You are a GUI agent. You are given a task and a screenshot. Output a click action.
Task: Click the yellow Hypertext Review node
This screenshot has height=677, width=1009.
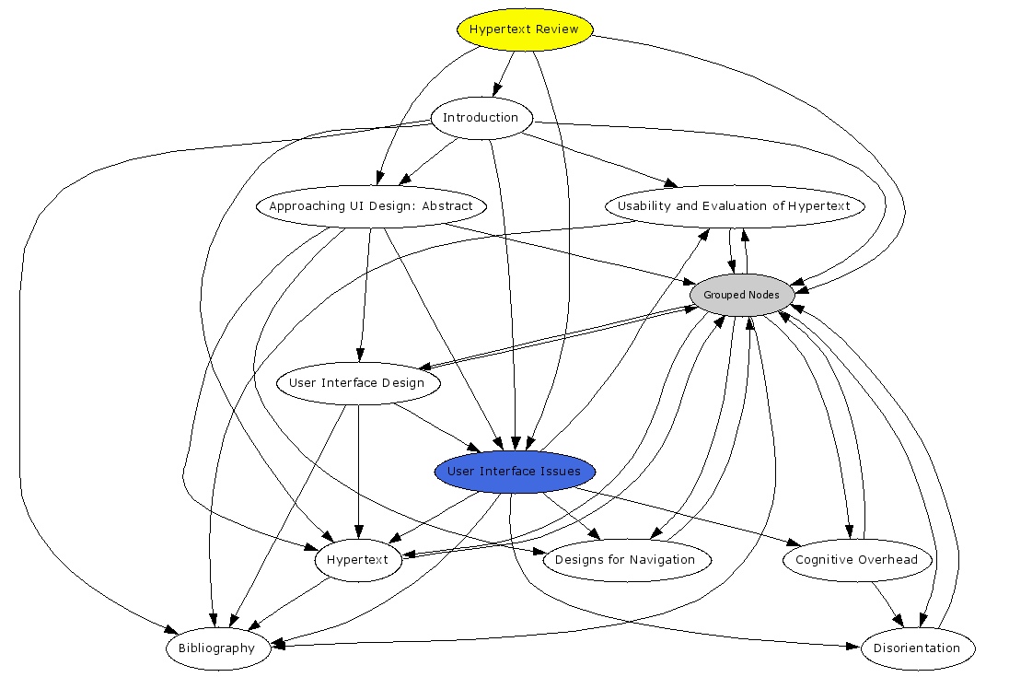524,29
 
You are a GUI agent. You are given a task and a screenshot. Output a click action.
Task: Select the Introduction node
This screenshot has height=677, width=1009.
481,118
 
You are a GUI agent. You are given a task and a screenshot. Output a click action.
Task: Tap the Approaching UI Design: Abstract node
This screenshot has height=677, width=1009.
370,206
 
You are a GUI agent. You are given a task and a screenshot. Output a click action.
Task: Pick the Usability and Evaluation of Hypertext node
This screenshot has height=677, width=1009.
734,206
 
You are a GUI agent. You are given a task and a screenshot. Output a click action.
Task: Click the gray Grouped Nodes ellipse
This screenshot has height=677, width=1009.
741,295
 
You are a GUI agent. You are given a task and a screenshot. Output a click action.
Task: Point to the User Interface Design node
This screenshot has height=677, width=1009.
357,383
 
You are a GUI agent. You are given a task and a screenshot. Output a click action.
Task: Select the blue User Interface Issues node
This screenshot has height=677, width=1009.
514,472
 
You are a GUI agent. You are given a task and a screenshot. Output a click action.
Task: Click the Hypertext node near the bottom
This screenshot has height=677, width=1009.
358,560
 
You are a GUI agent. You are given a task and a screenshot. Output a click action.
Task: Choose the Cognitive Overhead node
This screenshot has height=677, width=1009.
856,560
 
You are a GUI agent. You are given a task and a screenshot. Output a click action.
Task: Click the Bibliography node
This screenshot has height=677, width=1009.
217,648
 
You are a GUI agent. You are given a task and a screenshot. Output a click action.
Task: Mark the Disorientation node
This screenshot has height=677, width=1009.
917,648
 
